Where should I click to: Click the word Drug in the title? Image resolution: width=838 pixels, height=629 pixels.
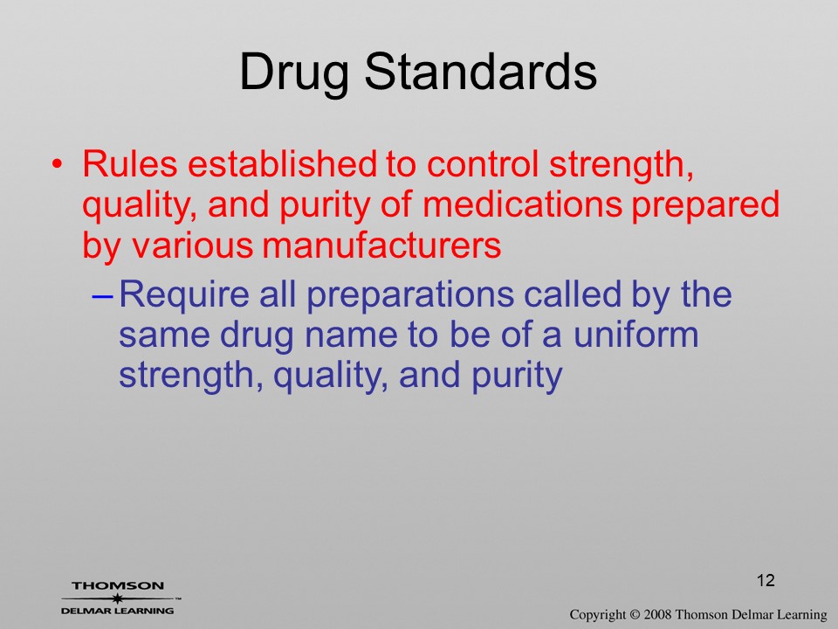(294, 73)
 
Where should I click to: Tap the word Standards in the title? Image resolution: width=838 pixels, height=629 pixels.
(480, 71)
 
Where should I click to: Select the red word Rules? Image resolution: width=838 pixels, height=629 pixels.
(129, 163)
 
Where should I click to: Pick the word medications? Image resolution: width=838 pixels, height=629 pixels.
(523, 204)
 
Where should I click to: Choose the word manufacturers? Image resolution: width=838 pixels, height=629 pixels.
(381, 245)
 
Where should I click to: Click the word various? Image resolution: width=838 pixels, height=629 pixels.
(192, 245)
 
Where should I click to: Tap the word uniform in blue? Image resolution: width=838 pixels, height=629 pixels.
(635, 335)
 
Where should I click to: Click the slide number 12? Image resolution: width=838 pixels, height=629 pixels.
(766, 580)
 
